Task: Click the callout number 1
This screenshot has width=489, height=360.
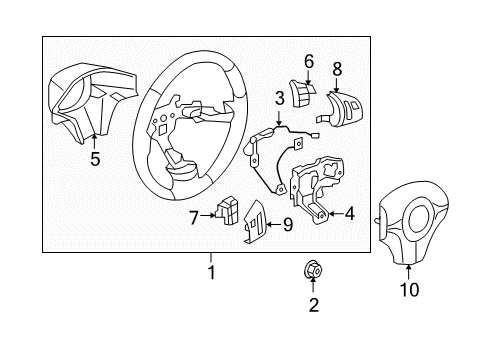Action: pos(211,272)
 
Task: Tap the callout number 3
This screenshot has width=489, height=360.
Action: pos(280,97)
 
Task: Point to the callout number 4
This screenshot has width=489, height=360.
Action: pos(348,212)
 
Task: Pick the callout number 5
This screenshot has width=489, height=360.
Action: pos(95,157)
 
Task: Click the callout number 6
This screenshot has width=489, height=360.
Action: pos(309,61)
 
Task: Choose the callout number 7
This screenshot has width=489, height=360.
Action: pos(194,215)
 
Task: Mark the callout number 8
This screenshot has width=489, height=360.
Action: pos(336,69)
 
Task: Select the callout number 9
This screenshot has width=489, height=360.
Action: pos(287,225)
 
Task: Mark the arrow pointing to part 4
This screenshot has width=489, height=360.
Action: pos(333,212)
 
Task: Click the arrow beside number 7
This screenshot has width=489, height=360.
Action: pos(207,215)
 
